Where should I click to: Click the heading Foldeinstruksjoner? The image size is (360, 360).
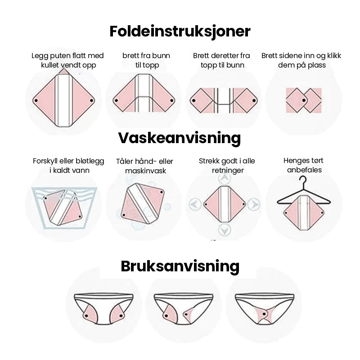[x=180, y=31]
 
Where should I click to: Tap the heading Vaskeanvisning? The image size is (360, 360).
[x=180, y=138]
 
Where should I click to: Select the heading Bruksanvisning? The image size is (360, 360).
[x=180, y=266]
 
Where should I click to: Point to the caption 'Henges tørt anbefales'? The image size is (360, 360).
[x=303, y=165]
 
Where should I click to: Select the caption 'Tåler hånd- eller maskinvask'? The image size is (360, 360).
[x=144, y=166]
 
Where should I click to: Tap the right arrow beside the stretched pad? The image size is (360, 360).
[x=253, y=205]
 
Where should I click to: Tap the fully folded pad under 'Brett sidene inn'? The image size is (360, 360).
[x=304, y=100]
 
